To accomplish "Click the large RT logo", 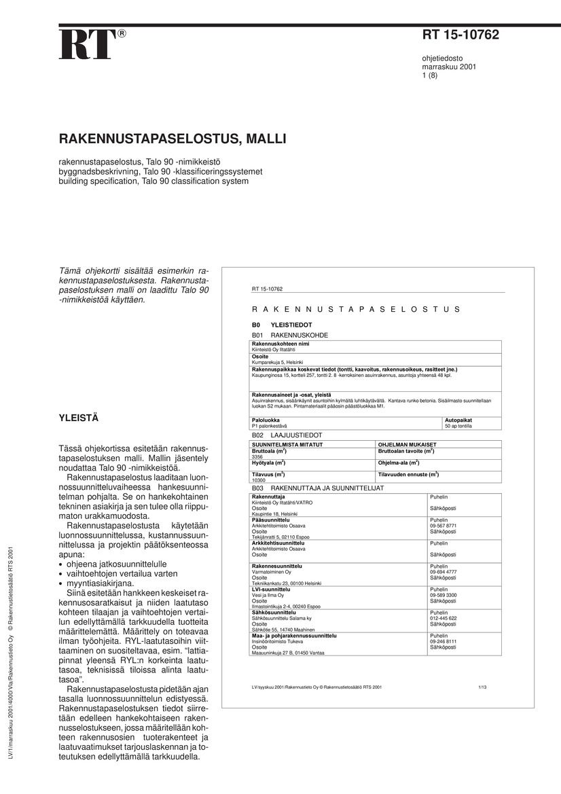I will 87,46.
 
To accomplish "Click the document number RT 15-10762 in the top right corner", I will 460,35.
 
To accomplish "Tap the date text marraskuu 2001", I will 449,68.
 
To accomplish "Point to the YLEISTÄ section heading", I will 79,418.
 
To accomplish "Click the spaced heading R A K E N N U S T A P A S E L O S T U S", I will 356,309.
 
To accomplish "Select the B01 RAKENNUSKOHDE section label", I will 290,336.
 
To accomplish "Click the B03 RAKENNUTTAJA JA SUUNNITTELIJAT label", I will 318,488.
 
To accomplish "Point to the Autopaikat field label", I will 458,420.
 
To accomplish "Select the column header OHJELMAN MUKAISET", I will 407,444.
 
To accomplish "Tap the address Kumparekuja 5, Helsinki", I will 277,362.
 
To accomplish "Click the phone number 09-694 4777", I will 443,572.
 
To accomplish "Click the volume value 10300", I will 259,480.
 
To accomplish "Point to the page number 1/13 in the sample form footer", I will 482,687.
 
